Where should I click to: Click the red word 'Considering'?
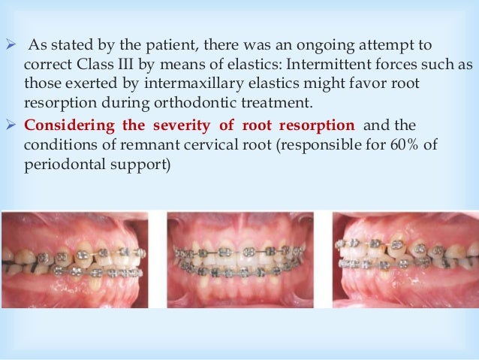point(63,124)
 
